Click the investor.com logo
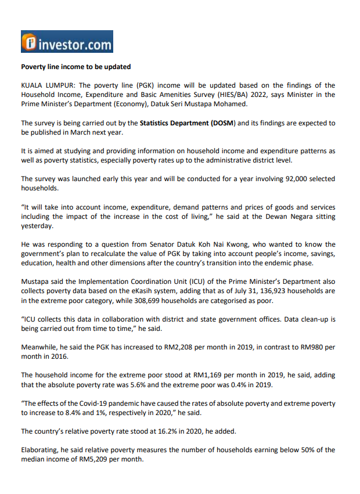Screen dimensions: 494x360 pos(67,42)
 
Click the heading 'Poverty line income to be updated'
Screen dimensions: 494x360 pos(76,67)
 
